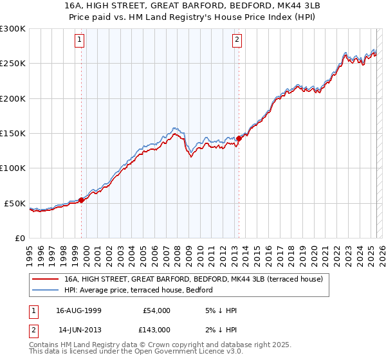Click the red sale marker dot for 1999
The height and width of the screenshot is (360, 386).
[x=82, y=200]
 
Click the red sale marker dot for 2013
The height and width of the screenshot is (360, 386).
[x=239, y=138]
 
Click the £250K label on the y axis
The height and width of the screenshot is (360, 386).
[x=13, y=64]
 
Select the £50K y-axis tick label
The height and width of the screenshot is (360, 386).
[x=15, y=203]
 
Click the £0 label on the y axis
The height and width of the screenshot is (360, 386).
[x=21, y=238]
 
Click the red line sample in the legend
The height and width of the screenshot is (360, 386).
[x=46, y=279]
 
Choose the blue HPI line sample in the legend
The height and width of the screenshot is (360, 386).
[x=46, y=290]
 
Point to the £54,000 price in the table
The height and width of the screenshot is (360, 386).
[x=156, y=310]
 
